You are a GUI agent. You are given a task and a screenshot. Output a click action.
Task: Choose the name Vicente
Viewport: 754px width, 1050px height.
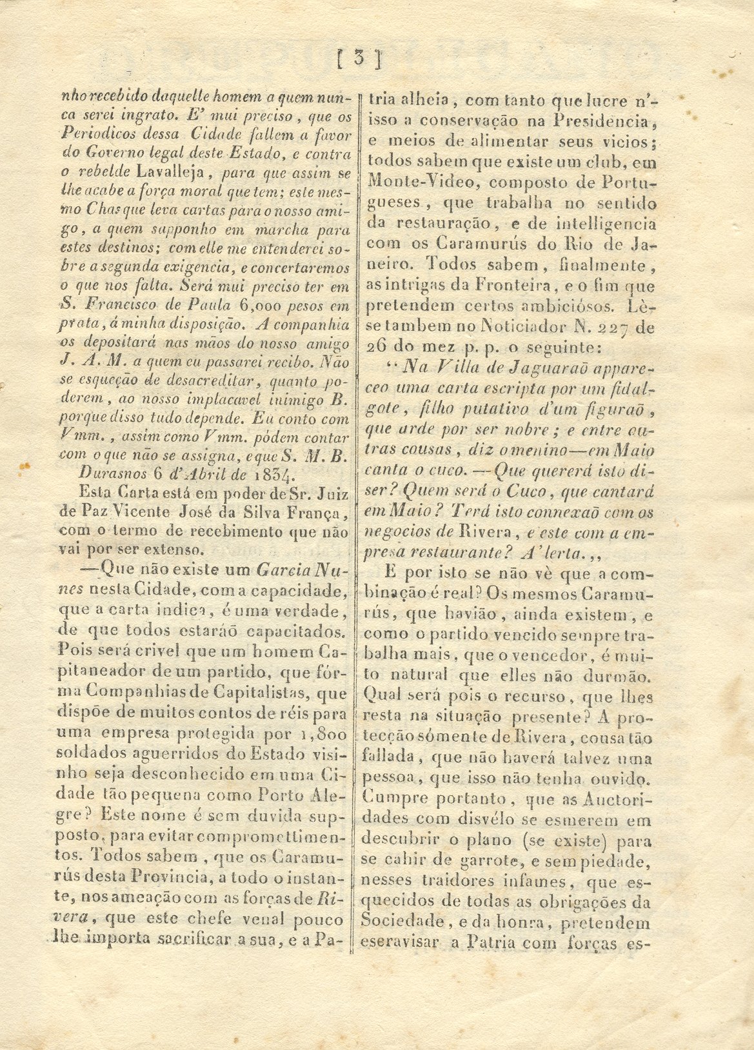click(x=141, y=513)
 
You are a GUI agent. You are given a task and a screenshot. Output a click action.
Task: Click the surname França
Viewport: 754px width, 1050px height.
click(x=321, y=513)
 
